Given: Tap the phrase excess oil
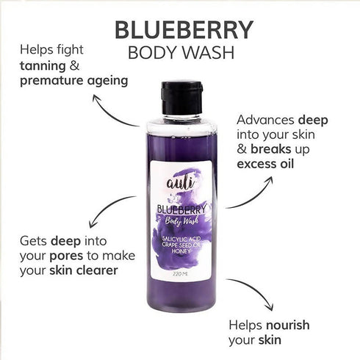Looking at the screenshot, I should pos(268,163).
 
